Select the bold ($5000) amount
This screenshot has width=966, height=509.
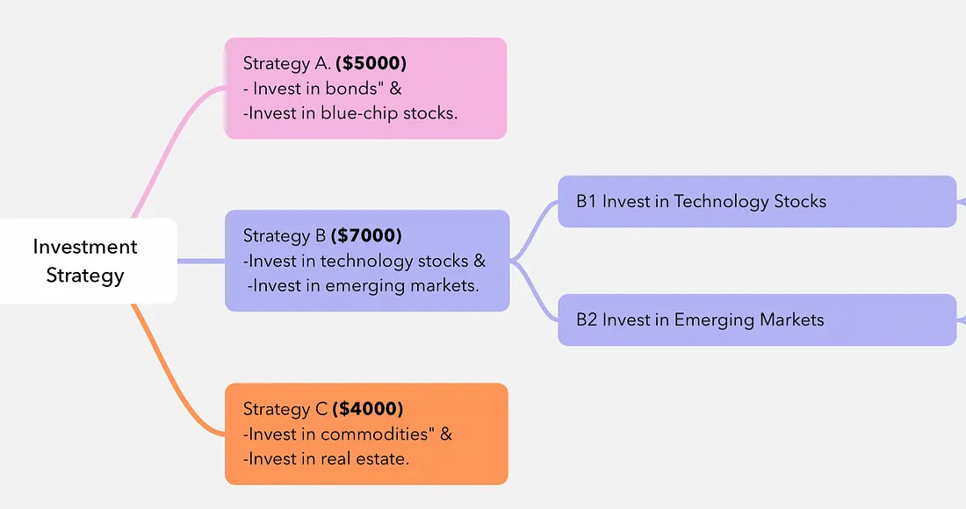371,63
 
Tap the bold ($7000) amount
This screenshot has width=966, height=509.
366,236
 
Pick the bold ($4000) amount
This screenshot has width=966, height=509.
368,409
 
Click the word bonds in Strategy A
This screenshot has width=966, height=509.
350,89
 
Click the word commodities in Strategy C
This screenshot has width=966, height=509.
374,434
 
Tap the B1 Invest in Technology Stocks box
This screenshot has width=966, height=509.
757,201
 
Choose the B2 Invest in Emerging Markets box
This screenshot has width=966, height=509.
757,319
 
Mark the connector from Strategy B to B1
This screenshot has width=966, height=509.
534,230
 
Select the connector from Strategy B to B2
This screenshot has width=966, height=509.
534,290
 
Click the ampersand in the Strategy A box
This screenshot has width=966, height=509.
395,89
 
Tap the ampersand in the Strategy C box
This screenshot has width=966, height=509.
446,434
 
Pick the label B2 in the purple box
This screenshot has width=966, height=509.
587,319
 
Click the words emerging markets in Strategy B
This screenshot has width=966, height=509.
400,286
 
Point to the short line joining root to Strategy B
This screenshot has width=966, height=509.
201,261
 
